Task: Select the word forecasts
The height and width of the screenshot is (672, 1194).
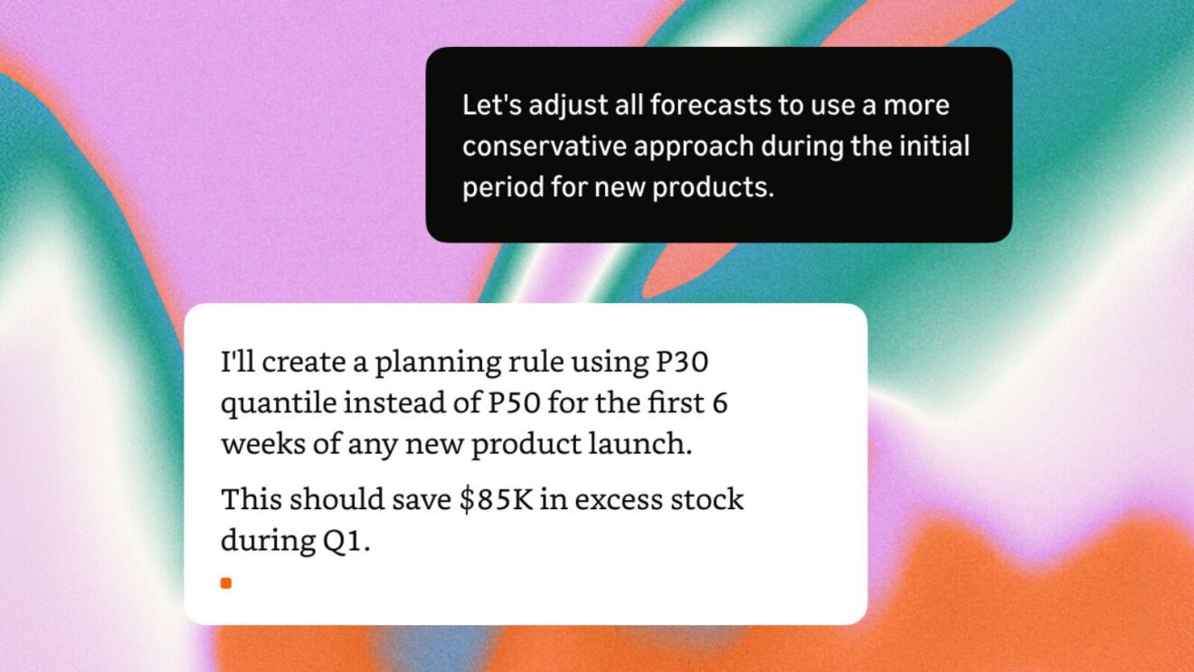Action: (x=710, y=104)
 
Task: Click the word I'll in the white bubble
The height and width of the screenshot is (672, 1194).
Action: (x=237, y=361)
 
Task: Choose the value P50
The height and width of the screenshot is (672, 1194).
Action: (x=514, y=402)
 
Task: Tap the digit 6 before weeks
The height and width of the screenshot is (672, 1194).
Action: (x=720, y=402)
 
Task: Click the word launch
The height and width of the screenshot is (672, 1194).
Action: (x=640, y=443)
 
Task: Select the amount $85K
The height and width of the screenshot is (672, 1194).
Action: (x=497, y=500)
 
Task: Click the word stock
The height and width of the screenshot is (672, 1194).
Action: (x=706, y=499)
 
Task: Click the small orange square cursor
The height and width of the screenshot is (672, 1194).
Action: (x=226, y=583)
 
